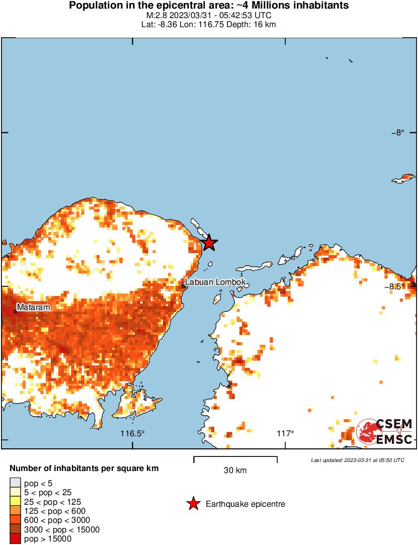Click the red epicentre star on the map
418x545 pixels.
coord(209,243)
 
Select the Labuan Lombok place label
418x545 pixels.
coord(215,282)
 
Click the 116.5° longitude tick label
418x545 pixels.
coord(132,433)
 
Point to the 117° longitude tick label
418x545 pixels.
coord(285,433)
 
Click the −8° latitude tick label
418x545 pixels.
coord(397,133)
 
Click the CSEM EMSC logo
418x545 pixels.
coord(385,432)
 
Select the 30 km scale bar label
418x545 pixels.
coord(235,471)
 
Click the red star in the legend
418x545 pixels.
coord(193,504)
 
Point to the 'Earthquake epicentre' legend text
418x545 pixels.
coord(245,504)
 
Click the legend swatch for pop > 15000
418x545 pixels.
coord(16,539)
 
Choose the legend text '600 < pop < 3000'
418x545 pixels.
coord(57,520)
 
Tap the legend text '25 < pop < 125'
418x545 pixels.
coord(53,502)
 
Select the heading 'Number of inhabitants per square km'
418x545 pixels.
coord(84,468)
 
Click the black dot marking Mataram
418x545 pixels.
coord(15,312)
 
